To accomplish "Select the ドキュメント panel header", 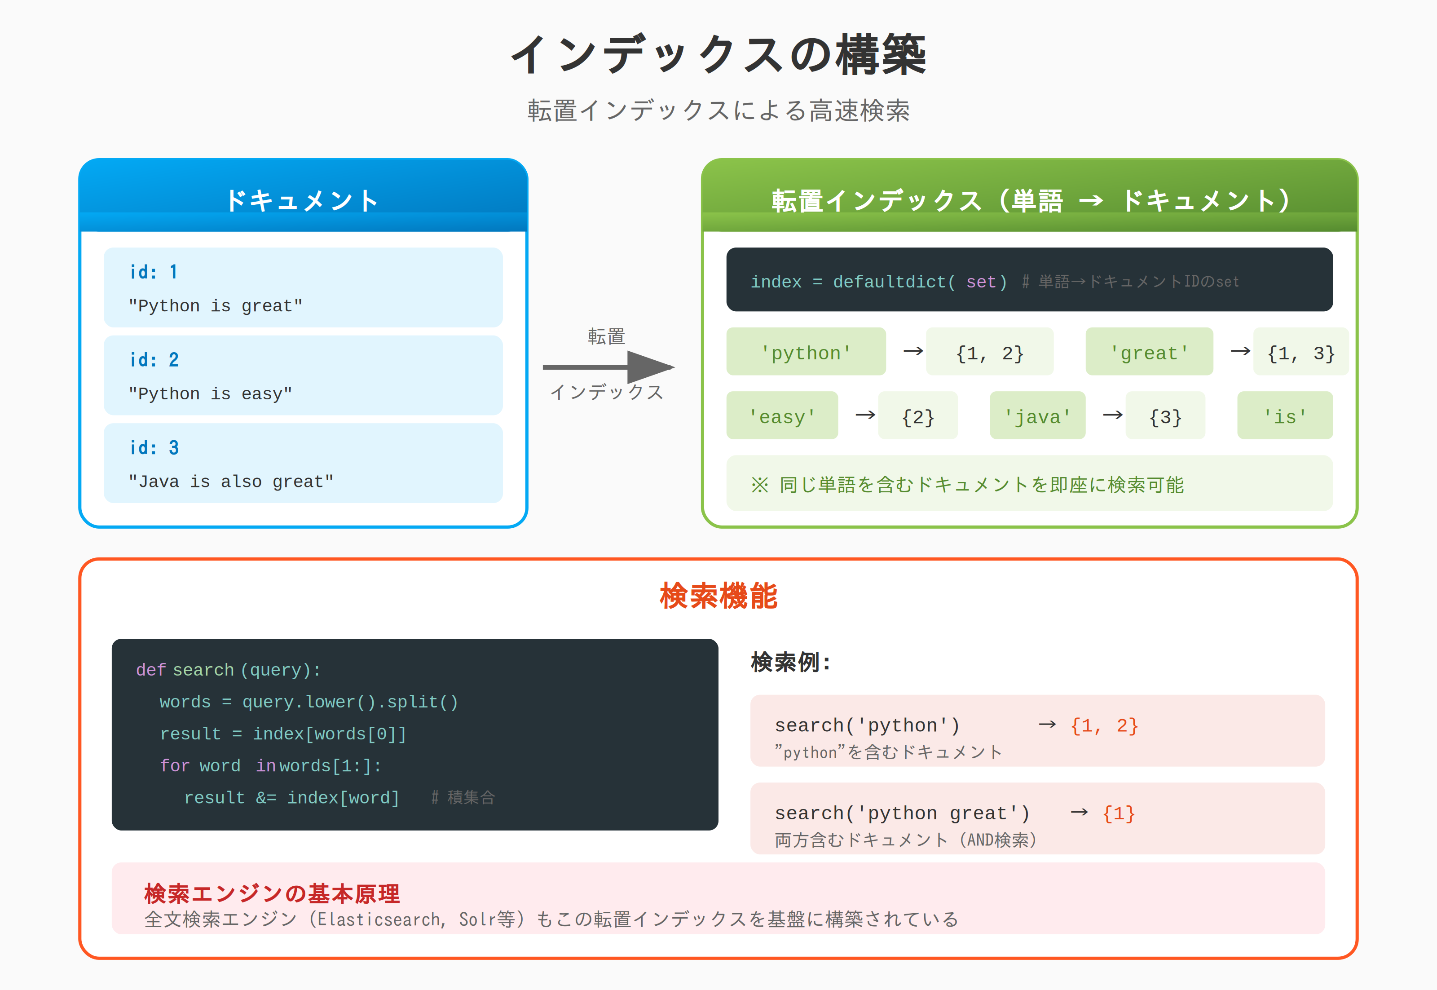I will tap(303, 200).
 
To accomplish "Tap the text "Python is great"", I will tap(215, 306).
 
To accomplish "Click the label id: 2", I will tap(154, 360).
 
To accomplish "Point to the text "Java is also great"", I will tap(231, 482).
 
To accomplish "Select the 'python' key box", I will tap(806, 352).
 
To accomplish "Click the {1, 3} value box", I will tap(1300, 352).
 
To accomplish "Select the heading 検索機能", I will tap(718, 596).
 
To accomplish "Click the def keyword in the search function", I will tap(151, 670).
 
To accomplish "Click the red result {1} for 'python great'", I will tap(1118, 813).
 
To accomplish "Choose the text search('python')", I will tap(867, 725).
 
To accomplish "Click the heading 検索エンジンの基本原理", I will tap(272, 894).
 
